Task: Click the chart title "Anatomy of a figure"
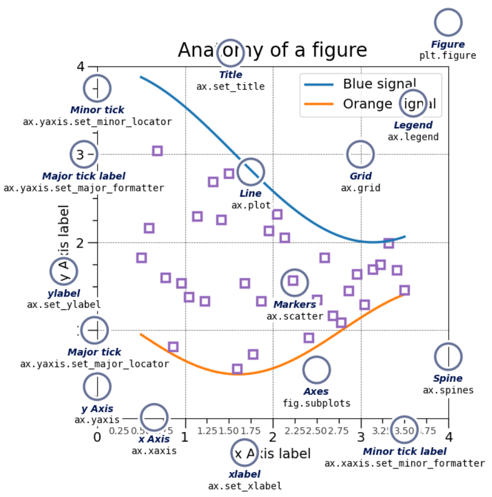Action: point(272,50)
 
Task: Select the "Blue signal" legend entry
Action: point(372,84)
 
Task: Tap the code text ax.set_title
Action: point(230,87)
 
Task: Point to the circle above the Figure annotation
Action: point(448,23)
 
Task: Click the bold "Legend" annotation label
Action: point(413,125)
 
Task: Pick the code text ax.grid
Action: point(361,188)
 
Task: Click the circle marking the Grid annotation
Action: point(361,154)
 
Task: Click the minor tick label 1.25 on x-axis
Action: point(207,431)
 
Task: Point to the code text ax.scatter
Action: point(295,316)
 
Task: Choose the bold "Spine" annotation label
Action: point(448,379)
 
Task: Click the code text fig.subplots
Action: point(317,403)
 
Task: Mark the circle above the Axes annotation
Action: point(317,370)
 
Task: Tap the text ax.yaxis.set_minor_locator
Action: point(97,121)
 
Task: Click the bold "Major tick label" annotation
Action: point(84,176)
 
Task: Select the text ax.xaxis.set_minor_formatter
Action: point(404,463)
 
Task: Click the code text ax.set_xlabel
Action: point(245,486)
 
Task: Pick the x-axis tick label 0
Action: point(97,436)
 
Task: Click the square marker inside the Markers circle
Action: point(293,281)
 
